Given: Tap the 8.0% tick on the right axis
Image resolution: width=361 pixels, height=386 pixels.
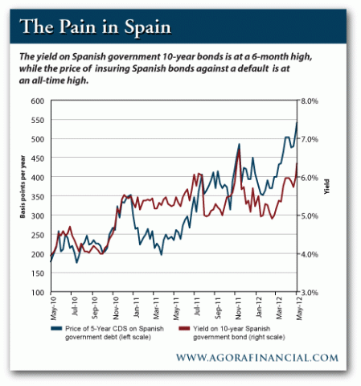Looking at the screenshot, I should click(311, 101).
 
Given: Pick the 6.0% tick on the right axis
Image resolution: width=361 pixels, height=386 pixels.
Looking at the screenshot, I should click(311, 177).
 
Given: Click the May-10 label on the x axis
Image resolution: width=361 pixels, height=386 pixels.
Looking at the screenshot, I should click(51, 308).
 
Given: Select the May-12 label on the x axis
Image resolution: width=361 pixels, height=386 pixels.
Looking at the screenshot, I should click(297, 308).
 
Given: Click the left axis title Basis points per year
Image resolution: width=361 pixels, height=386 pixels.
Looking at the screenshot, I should click(23, 196).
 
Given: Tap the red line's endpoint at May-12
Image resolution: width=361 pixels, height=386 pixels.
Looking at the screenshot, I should click(297, 164).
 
